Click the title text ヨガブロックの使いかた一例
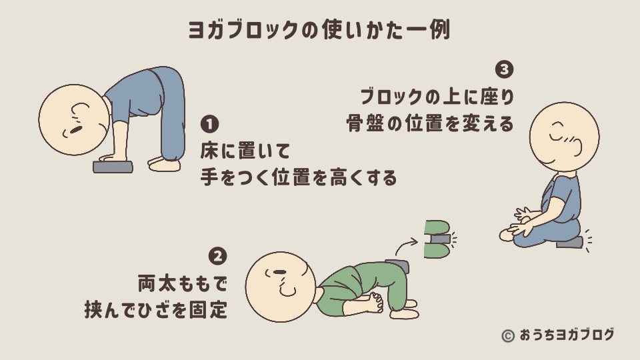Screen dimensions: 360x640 pos(319,30)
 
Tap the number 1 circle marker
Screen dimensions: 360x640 pos(210,125)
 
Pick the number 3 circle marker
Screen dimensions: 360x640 pos(505,69)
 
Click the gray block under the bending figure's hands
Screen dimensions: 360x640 pos(113,166)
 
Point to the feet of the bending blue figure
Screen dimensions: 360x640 pos(163,164)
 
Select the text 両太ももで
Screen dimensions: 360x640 pos(182,283)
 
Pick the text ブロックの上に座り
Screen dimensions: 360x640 pos(437,97)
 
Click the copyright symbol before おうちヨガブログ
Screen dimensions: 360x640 pos(508,335)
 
